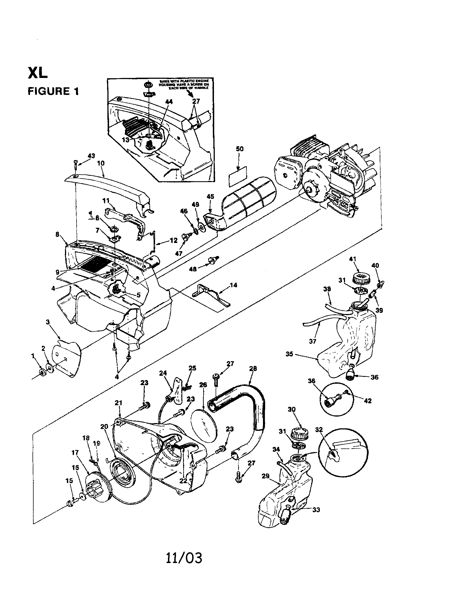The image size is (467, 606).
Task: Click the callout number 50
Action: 240,149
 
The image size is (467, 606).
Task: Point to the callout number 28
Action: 253,368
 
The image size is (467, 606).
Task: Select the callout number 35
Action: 289,354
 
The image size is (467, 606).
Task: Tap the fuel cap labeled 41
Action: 360,277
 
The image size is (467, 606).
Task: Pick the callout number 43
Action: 91,156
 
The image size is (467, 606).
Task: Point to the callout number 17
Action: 75,452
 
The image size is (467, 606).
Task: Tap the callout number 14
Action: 233,285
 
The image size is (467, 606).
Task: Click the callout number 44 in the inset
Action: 169,102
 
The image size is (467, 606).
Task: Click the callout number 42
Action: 367,401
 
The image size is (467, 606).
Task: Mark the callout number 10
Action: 101,163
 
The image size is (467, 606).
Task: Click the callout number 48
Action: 193,269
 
